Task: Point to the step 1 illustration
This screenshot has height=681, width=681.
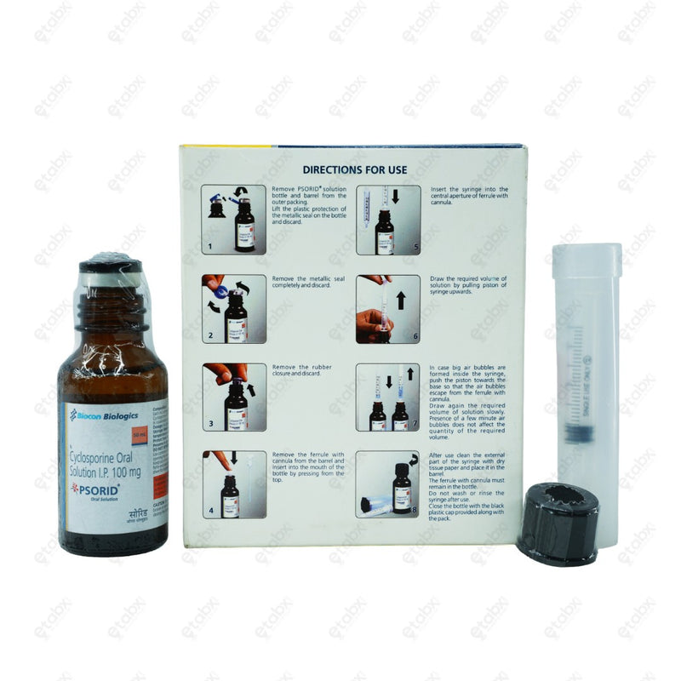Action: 233,220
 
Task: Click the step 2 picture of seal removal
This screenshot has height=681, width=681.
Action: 233,308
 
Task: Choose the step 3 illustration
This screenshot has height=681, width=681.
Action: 233,397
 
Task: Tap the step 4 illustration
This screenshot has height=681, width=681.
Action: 233,484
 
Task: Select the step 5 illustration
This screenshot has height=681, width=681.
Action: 387,220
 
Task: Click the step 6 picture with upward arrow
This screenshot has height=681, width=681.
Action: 387,308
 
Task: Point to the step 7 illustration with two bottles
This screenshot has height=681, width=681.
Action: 387,397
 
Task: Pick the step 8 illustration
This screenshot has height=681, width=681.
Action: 387,484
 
